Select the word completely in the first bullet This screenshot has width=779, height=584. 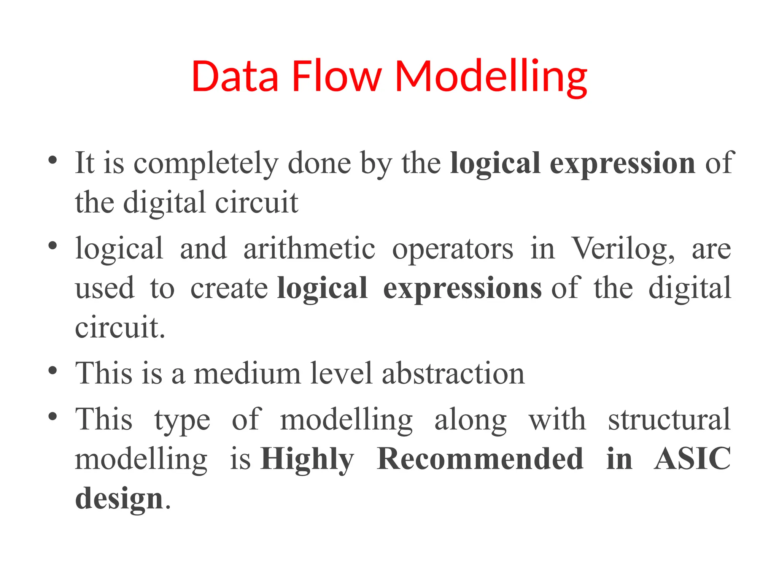pyautogui.click(x=206, y=163)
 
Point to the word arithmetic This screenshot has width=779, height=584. pyautogui.click(x=309, y=249)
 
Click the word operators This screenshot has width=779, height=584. pyautogui.click(x=453, y=249)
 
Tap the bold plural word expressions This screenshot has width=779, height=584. pyautogui.click(x=462, y=288)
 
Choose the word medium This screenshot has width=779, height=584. pyautogui.click(x=247, y=373)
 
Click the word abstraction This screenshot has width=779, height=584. pyautogui.click(x=453, y=373)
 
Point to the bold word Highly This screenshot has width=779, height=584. pyautogui.click(x=307, y=459)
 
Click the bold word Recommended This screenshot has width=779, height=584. pyautogui.click(x=480, y=459)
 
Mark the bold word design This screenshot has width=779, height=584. pyautogui.click(x=119, y=498)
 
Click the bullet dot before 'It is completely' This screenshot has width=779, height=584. pyautogui.click(x=53, y=160)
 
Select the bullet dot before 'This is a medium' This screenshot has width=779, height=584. pyautogui.click(x=53, y=370)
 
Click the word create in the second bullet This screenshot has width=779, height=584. pyautogui.click(x=229, y=288)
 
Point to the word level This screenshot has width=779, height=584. pyautogui.click(x=341, y=373)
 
